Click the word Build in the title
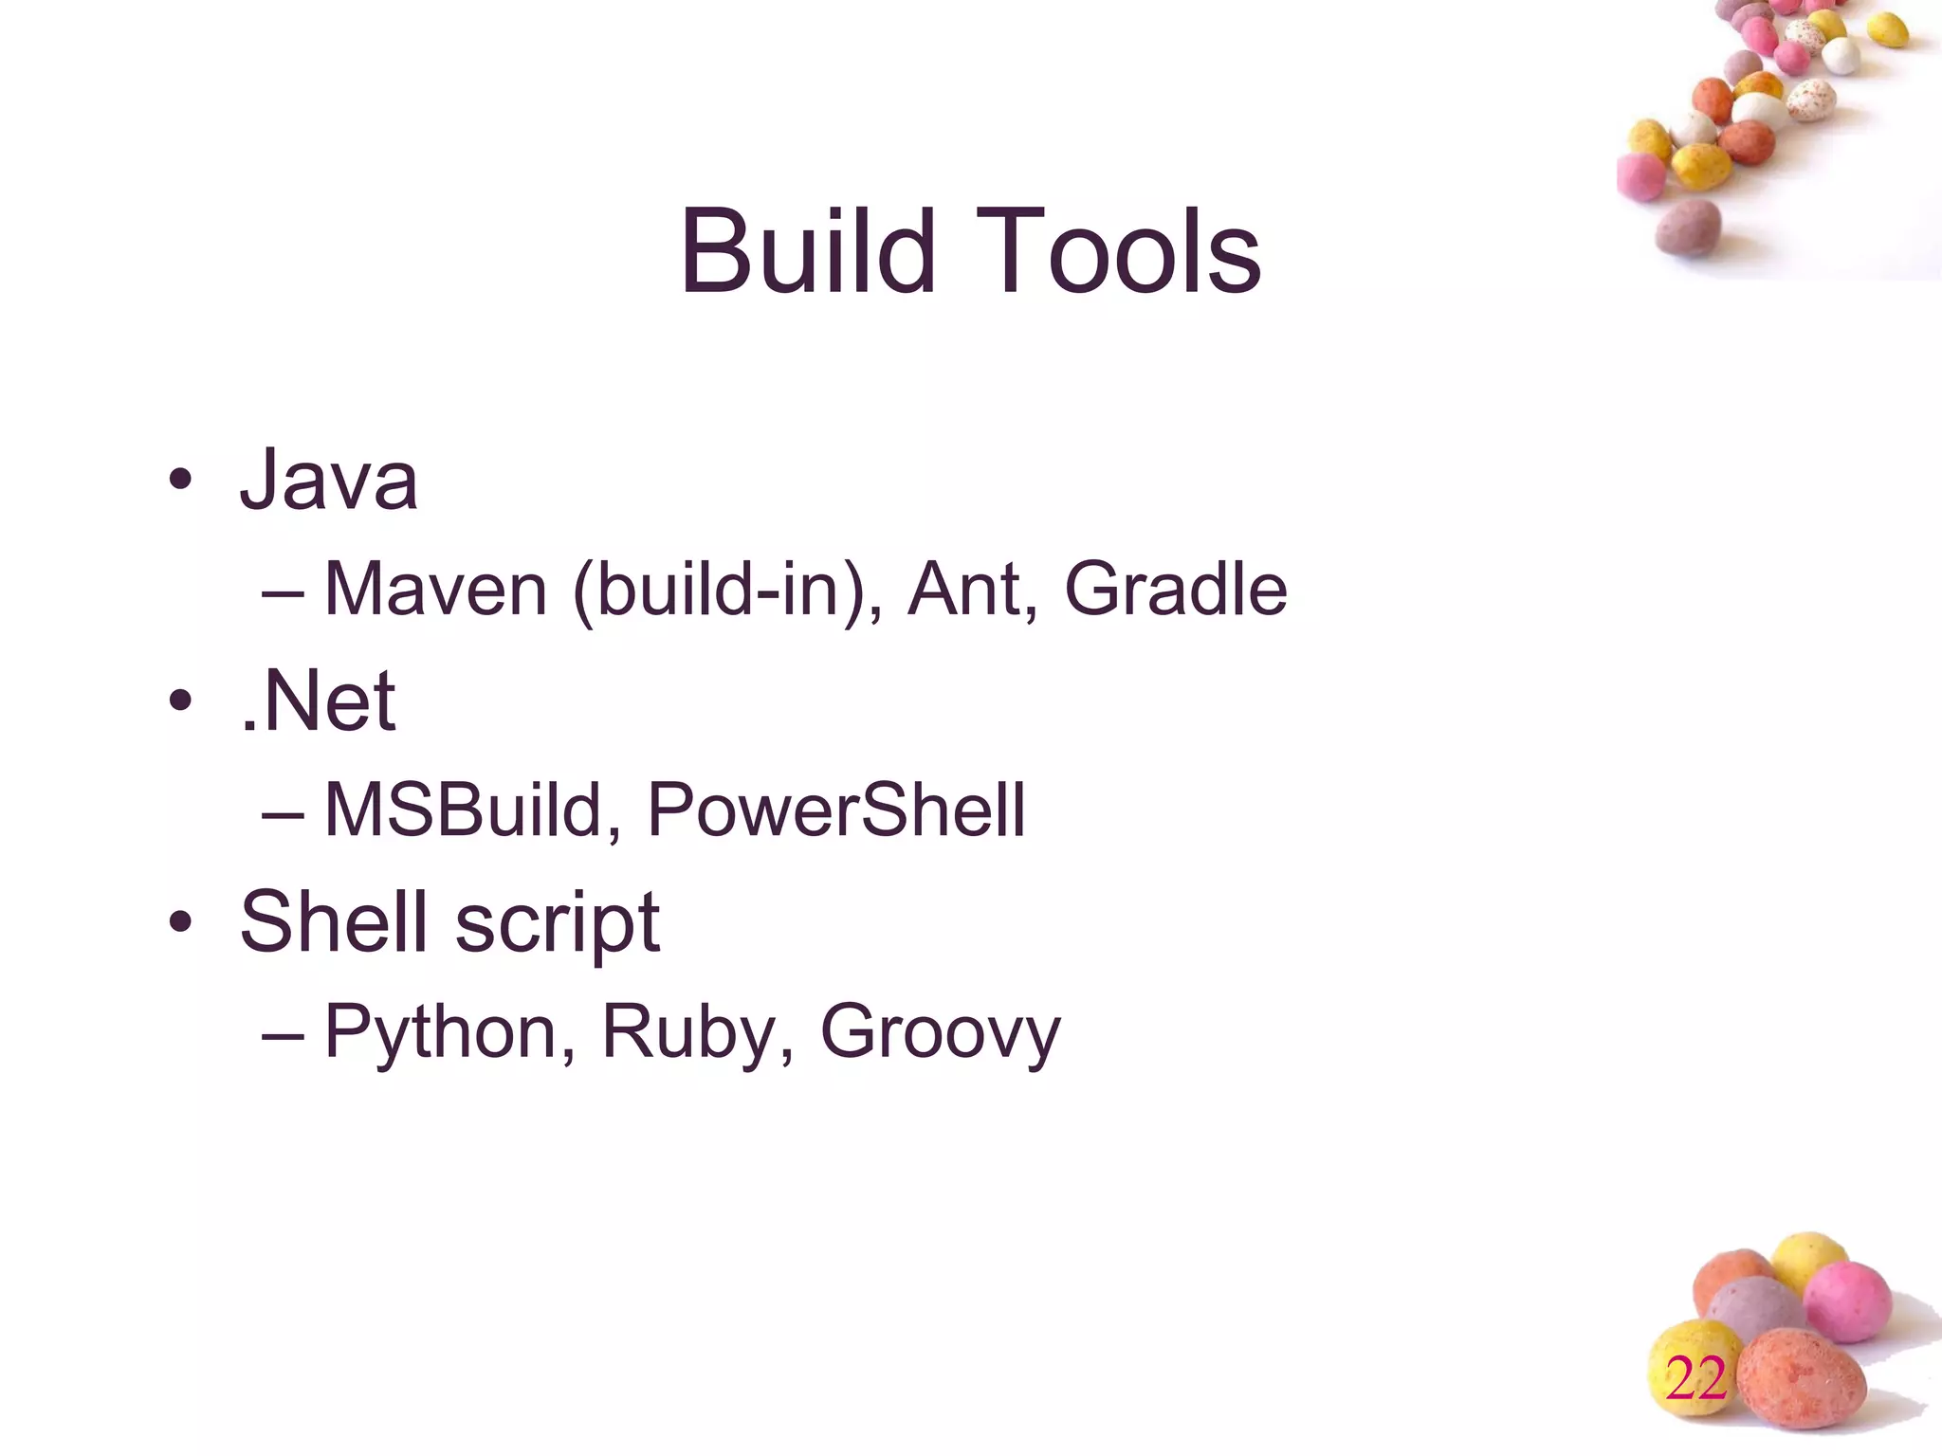click(807, 252)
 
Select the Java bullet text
click(328, 481)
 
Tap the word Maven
click(436, 590)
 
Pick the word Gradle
click(1176, 590)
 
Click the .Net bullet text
click(318, 702)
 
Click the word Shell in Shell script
click(333, 921)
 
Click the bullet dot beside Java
click(180, 482)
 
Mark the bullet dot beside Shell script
click(180, 921)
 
